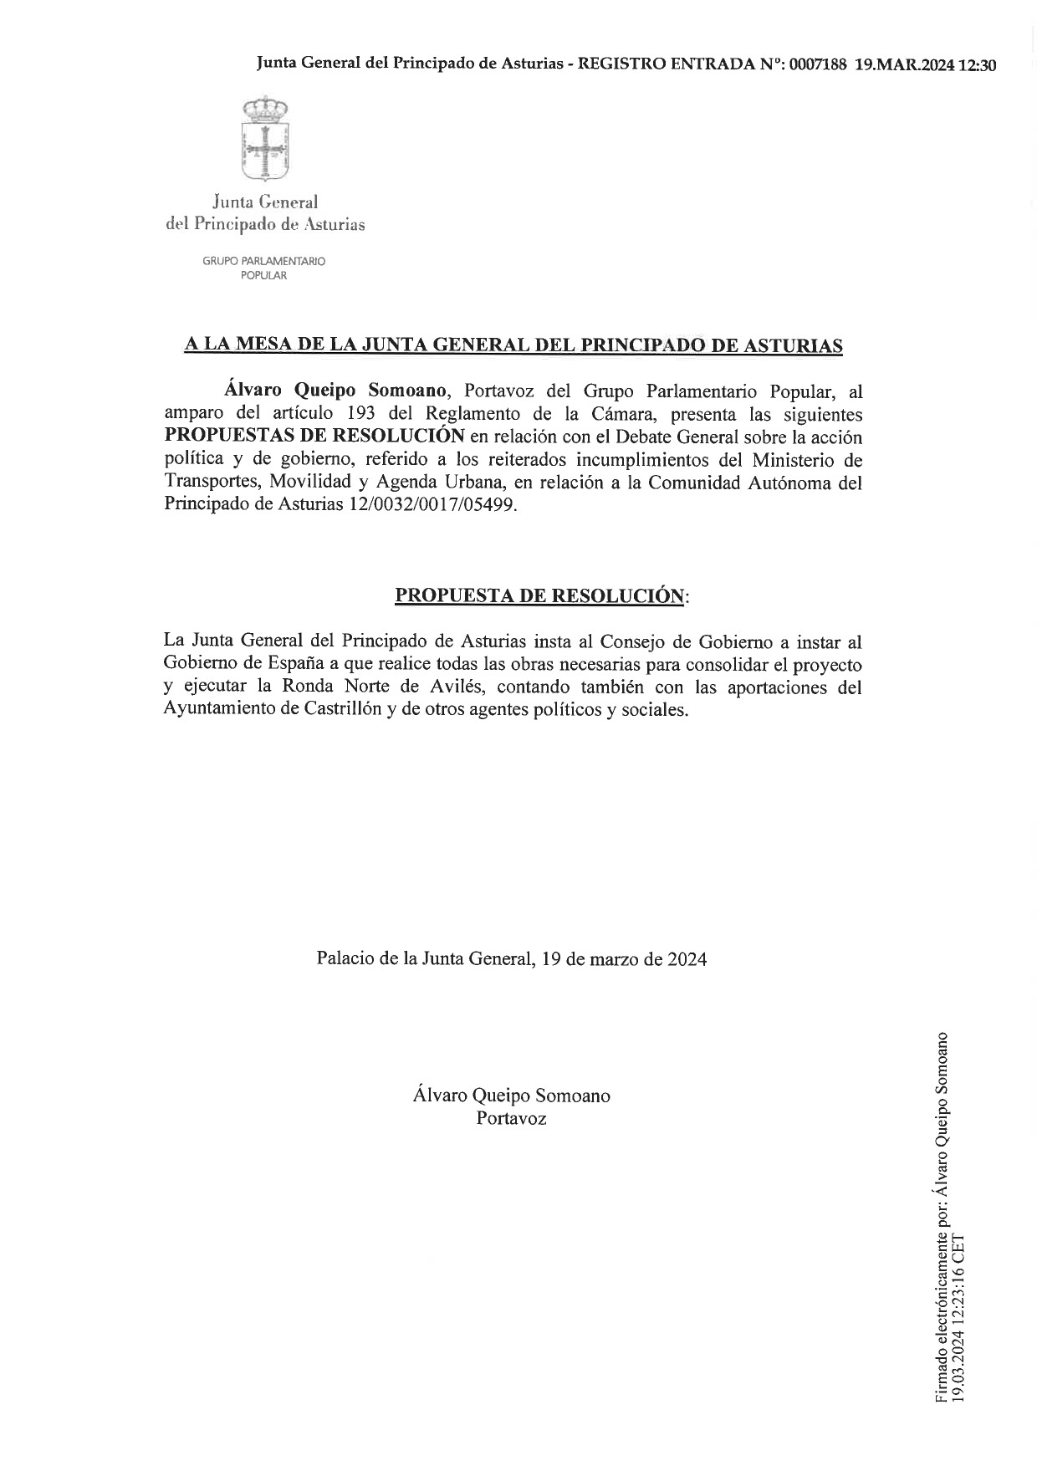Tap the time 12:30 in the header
click(978, 65)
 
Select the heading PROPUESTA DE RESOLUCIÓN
click(539, 595)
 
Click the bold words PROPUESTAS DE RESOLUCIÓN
click(314, 437)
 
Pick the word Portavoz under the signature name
click(511, 1118)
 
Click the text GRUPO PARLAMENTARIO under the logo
click(263, 262)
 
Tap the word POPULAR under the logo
click(263, 276)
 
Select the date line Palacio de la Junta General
click(511, 958)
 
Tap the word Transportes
click(212, 483)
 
